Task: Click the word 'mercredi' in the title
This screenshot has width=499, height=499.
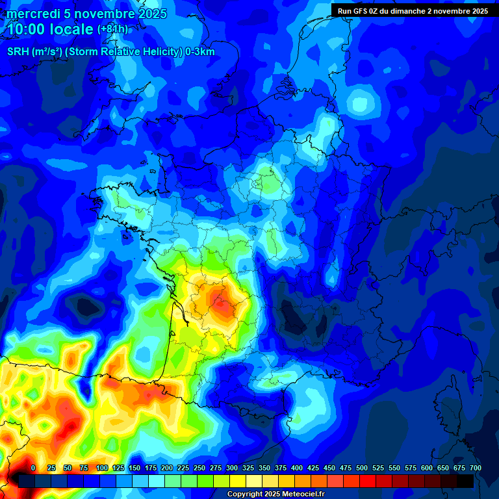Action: click(30, 14)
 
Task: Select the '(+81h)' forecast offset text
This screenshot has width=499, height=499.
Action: click(112, 29)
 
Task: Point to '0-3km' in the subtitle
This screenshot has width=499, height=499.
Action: click(200, 52)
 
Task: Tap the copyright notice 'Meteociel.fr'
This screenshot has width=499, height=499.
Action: click(301, 494)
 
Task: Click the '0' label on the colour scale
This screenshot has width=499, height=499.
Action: click(33, 468)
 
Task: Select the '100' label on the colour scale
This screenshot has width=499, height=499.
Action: click(102, 468)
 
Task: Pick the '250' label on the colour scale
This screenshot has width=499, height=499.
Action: click(199, 468)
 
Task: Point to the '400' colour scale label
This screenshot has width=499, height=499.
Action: click(297, 468)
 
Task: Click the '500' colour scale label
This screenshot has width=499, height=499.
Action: click(362, 468)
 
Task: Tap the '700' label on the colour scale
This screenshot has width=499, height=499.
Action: click(475, 468)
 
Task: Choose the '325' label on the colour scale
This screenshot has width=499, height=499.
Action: click(248, 468)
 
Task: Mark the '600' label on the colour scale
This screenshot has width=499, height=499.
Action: click(427, 468)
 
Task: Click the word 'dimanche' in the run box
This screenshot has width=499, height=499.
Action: click(413, 11)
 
